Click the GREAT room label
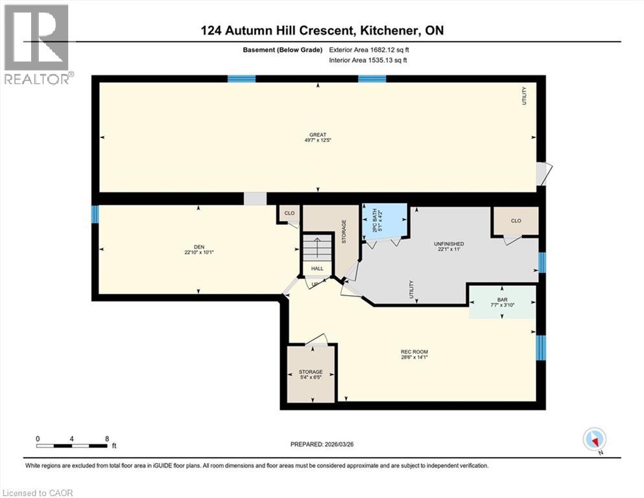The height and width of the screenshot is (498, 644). click(x=317, y=135)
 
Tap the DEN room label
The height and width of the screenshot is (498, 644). click(x=190, y=246)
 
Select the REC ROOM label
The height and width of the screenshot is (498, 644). click(x=414, y=352)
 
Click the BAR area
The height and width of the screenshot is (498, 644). click(x=503, y=302)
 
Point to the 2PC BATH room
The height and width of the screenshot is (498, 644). click(x=383, y=219)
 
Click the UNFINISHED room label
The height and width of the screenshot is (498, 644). click(x=449, y=244)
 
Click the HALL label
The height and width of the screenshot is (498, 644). click(x=317, y=268)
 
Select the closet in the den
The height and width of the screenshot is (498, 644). click(x=289, y=213)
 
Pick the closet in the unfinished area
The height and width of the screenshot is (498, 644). click(x=516, y=221)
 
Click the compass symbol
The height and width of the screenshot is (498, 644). click(x=595, y=439)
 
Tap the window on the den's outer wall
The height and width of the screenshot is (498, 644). click(x=95, y=214)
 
